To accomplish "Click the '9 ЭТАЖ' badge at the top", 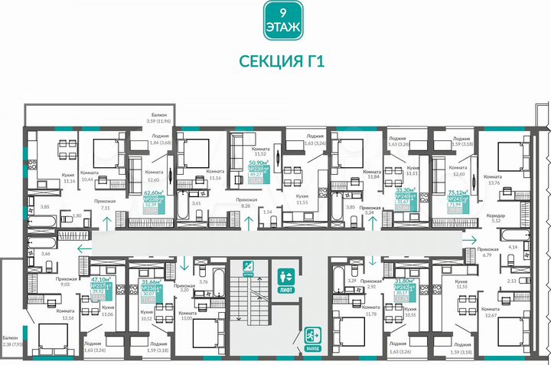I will coord(275,20).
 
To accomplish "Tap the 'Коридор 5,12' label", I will coord(495,219).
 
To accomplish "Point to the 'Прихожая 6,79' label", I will coord(487,252).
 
